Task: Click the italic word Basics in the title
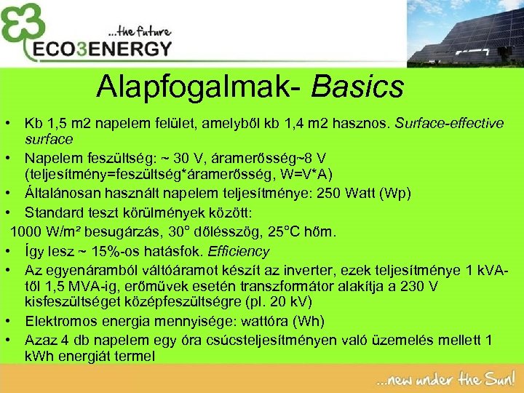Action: coord(357,87)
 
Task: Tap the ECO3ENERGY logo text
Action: coord(103,49)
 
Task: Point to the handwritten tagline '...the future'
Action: coord(139,31)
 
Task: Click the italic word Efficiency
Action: coord(239,252)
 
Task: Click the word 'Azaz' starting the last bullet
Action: coord(39,340)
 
